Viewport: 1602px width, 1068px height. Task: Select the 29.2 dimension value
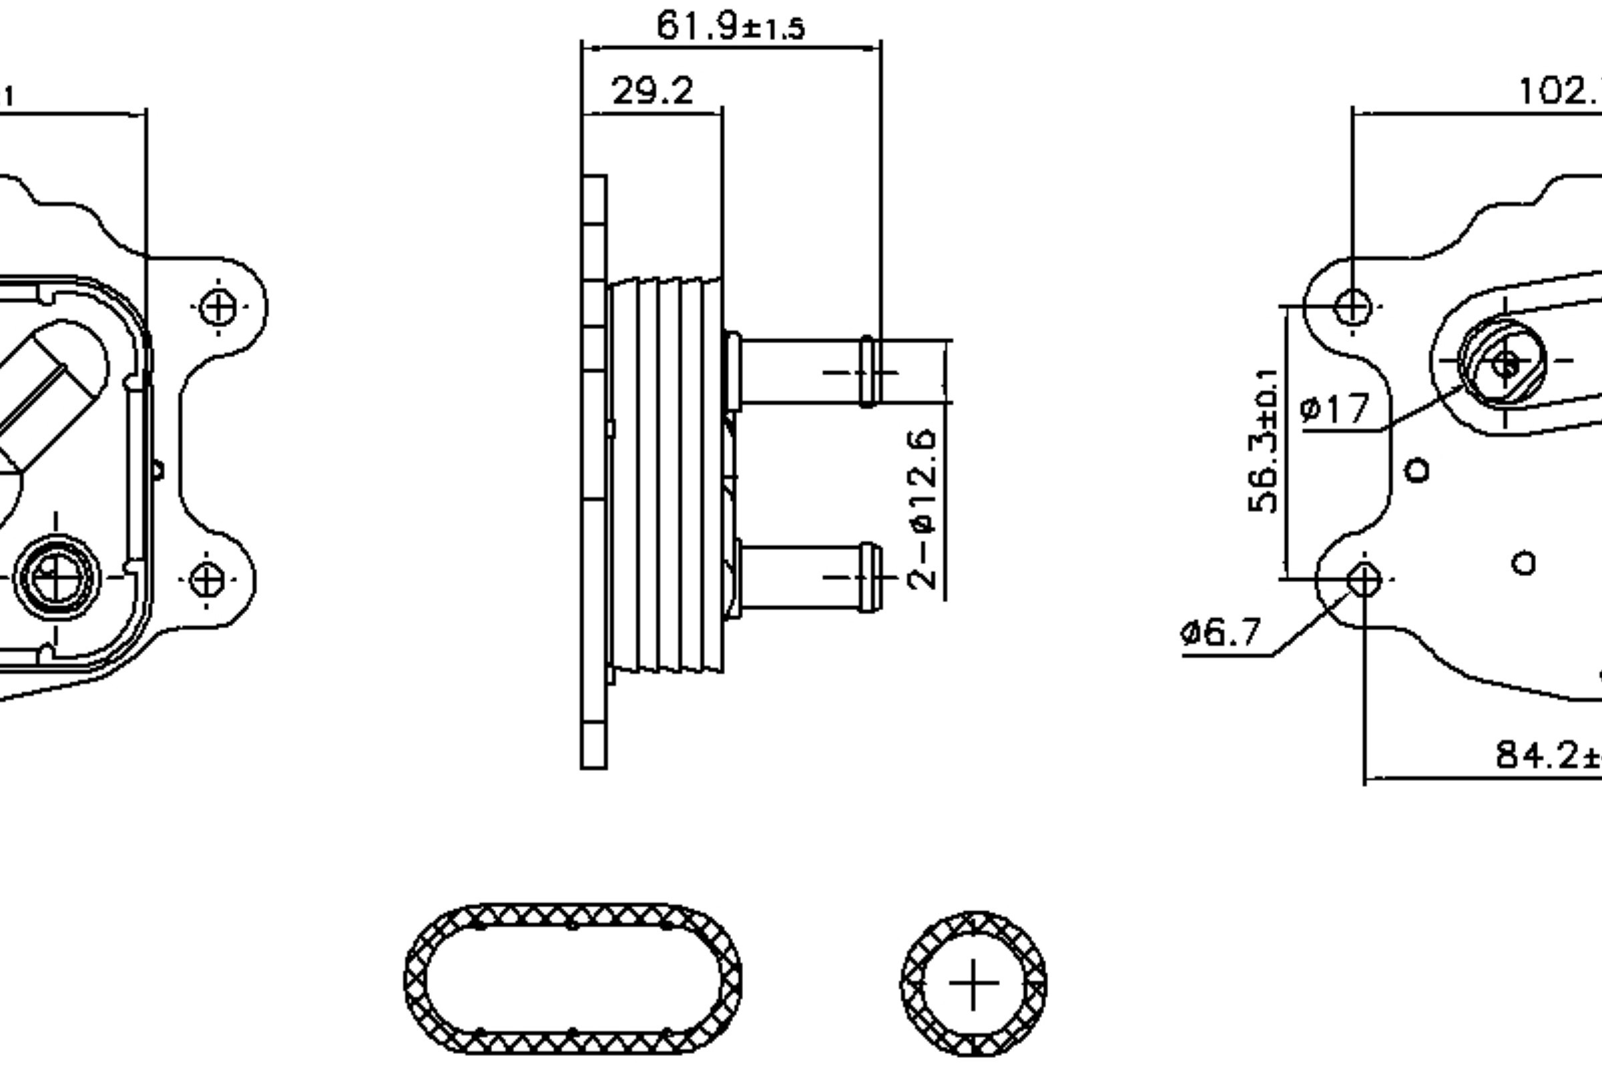(653, 91)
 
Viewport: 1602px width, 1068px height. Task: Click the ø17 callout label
(1334, 409)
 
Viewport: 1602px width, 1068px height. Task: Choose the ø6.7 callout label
(1221, 633)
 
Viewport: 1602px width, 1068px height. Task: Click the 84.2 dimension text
(1546, 755)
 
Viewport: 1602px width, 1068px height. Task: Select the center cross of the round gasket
(973, 983)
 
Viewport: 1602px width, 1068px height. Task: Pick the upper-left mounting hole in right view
(1352, 306)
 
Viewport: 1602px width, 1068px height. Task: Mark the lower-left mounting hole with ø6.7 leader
(1364, 580)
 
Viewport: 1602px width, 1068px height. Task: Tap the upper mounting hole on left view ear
(219, 307)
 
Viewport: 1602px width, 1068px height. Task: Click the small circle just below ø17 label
(1417, 470)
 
